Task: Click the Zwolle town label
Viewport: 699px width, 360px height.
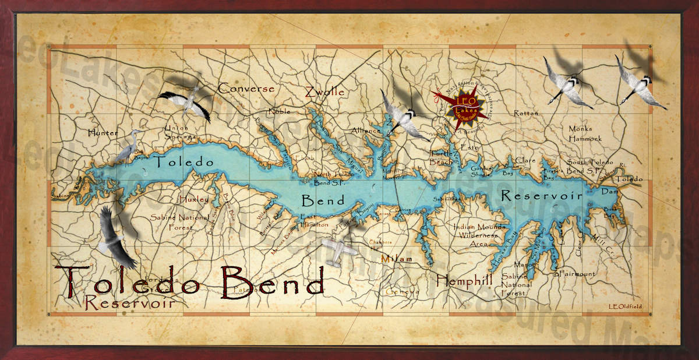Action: pyautogui.click(x=324, y=91)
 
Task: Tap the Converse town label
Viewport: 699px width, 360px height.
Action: pyautogui.click(x=246, y=89)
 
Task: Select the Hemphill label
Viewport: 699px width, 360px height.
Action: pyautogui.click(x=464, y=279)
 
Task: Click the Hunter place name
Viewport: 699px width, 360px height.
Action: pyautogui.click(x=103, y=133)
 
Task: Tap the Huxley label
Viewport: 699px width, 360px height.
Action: pyautogui.click(x=194, y=199)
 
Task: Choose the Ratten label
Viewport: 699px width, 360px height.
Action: pyautogui.click(x=526, y=113)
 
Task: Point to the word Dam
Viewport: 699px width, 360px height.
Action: pyautogui.click(x=609, y=190)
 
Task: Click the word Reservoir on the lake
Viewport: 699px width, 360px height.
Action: pyautogui.click(x=542, y=196)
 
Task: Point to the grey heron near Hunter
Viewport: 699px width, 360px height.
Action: pyautogui.click(x=125, y=149)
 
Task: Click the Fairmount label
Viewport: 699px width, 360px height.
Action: pyautogui.click(x=576, y=274)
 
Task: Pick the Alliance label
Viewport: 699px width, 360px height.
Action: pyautogui.click(x=365, y=131)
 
